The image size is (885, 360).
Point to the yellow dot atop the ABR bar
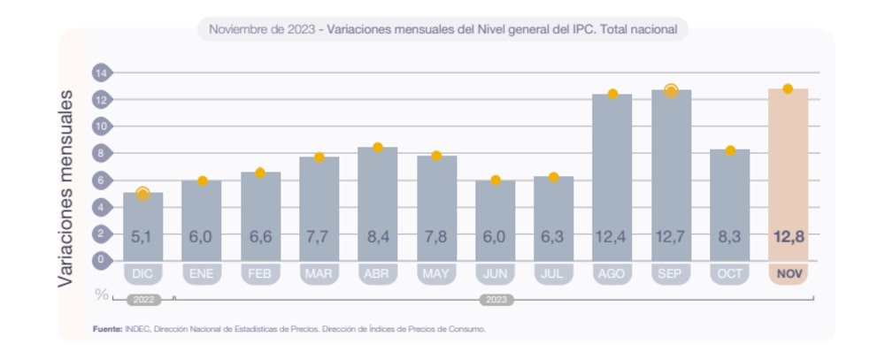click(x=378, y=148)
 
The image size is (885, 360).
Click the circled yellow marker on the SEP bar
click(x=671, y=90)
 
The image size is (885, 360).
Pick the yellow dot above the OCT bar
click(x=730, y=150)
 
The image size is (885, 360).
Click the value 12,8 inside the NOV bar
click(x=788, y=237)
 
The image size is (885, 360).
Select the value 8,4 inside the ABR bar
click(x=378, y=237)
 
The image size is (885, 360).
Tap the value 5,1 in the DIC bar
click(x=142, y=237)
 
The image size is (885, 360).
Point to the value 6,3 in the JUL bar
click(x=553, y=237)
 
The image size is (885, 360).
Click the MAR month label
click(x=319, y=274)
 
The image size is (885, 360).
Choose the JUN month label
click(x=495, y=274)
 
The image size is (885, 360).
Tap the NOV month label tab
click(x=788, y=274)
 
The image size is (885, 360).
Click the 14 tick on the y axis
click(x=101, y=73)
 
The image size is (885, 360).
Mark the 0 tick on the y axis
click(x=101, y=260)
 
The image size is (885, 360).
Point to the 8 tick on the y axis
click(x=101, y=153)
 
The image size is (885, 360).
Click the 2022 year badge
click(x=142, y=300)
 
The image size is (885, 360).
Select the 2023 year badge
click(x=496, y=300)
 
